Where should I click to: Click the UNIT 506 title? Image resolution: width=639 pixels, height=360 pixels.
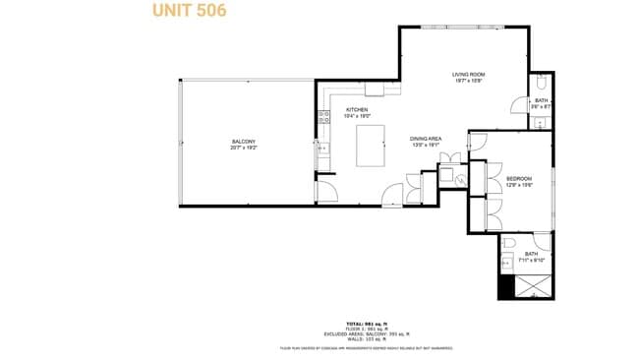[189, 11]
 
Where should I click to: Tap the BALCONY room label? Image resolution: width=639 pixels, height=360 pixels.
[243, 142]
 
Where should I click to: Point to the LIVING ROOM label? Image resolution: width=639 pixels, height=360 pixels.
[470, 75]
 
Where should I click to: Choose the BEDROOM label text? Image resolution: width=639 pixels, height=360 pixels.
[519, 178]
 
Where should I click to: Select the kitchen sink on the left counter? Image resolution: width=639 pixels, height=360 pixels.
[321, 150]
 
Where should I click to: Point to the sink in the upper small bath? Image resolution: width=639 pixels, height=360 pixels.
[541, 122]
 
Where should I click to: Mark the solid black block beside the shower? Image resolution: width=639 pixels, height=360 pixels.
[506, 288]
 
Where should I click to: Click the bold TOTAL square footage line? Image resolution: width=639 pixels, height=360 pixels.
[366, 324]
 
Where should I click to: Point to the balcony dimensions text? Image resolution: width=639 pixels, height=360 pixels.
[243, 148]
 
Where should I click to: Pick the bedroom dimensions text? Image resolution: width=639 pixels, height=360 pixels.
[519, 184]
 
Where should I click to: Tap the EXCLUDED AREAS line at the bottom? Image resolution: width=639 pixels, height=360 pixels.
[366, 334]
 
